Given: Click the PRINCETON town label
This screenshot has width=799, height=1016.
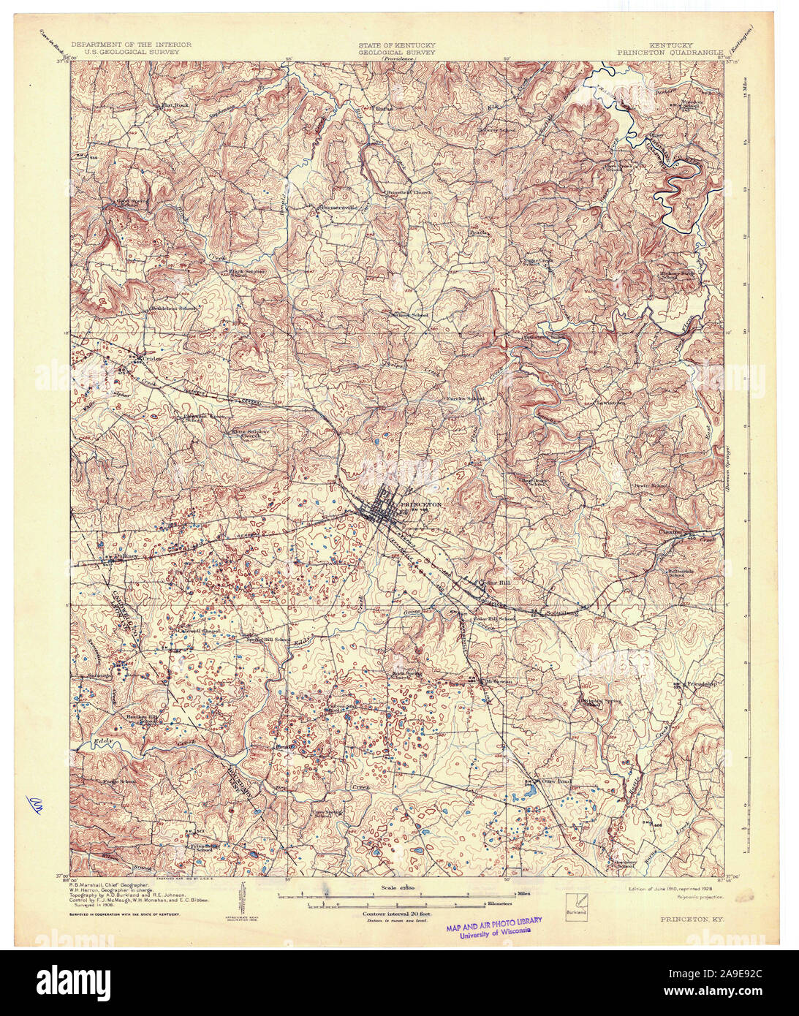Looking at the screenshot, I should (420, 504).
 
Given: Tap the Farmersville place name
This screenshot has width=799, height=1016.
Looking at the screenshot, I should (337, 207).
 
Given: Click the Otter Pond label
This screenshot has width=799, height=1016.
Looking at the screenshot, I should (538, 780).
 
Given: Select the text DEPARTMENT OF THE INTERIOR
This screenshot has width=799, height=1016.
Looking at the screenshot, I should (132, 45).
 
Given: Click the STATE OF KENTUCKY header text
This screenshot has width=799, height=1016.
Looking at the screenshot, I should (396, 45).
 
